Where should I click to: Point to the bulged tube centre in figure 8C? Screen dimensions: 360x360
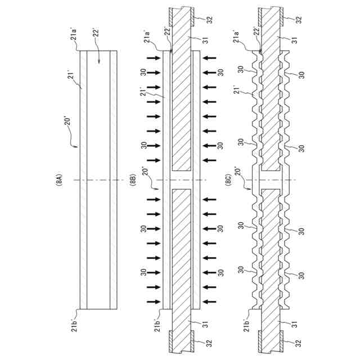click(x=271, y=180)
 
